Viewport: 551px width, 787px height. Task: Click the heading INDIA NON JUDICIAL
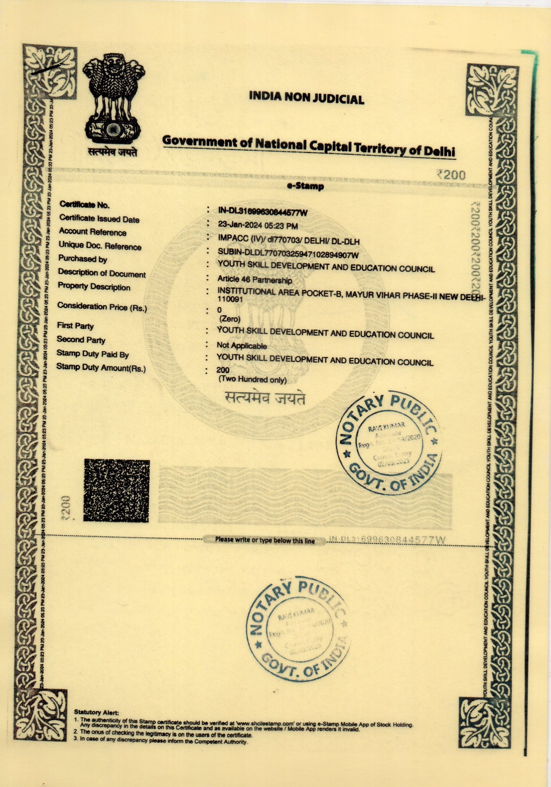point(306,98)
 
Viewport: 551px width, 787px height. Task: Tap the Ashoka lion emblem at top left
point(113,102)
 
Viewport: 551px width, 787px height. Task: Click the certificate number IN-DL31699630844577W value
point(262,212)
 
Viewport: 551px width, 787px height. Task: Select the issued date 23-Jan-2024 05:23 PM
point(258,226)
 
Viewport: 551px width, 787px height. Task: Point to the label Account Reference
point(93,232)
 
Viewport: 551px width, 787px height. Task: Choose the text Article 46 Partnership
point(254,280)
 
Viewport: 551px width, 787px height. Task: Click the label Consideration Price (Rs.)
point(102,307)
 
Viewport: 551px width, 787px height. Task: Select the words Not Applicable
point(242,345)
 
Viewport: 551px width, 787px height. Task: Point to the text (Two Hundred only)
point(252,380)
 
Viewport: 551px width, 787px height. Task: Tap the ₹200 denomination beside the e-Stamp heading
point(451,175)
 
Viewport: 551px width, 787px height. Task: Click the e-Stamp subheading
point(305,187)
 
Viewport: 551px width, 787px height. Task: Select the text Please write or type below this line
point(265,540)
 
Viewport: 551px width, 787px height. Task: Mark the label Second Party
point(81,340)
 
